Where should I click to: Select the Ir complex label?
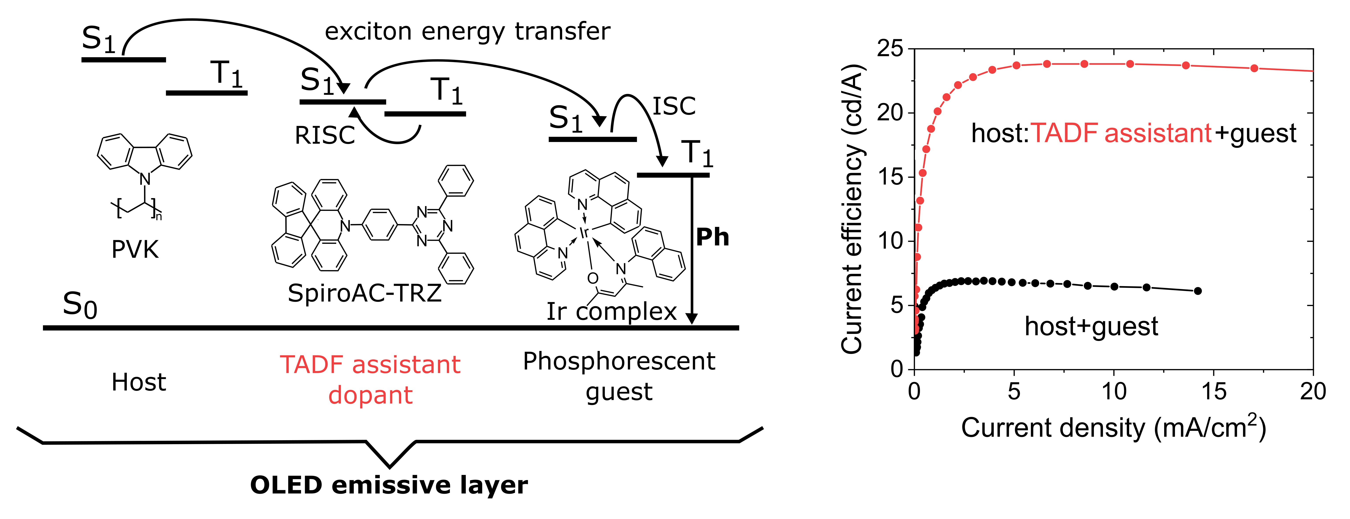click(612, 312)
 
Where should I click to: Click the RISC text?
click(325, 136)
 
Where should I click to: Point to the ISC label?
click(674, 107)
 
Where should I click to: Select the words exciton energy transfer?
click(467, 31)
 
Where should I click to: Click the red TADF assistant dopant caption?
click(370, 379)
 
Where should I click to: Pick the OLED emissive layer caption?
click(389, 485)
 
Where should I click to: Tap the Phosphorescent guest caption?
click(619, 376)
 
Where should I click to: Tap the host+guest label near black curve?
click(1091, 326)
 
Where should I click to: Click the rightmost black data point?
click(1197, 291)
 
